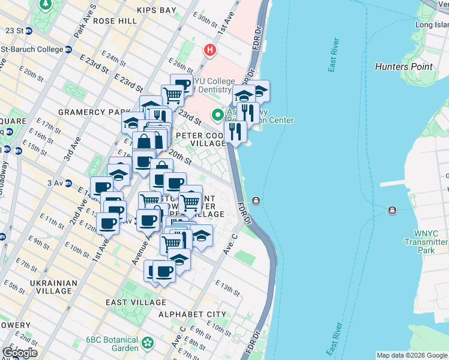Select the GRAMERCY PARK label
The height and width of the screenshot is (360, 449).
[94, 112]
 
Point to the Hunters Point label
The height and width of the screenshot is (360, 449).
[403, 67]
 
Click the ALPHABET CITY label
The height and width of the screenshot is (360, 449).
[192, 314]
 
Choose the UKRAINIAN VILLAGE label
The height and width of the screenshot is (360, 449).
[53, 287]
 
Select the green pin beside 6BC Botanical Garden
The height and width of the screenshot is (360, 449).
[147, 344]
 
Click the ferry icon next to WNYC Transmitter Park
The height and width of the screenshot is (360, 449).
[392, 210]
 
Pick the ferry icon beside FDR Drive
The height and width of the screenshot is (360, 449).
[256, 200]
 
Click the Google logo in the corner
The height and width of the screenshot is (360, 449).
[19, 353]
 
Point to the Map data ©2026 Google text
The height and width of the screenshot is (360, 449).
[412, 355]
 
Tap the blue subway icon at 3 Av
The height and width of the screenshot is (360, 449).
[68, 182]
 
